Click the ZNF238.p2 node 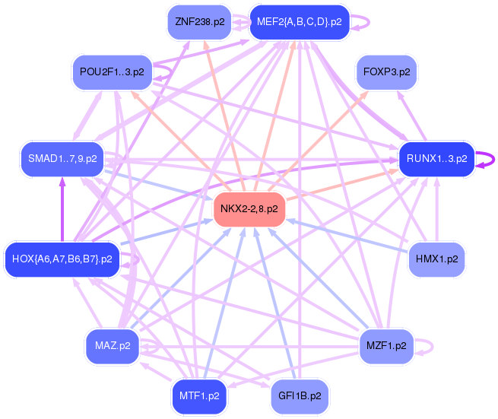click(199, 22)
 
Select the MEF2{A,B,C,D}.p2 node click(300, 22)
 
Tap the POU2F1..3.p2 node click(112, 72)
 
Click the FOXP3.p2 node click(386, 72)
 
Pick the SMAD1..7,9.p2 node click(62, 159)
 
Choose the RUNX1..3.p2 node click(436, 159)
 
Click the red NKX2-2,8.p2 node click(249, 209)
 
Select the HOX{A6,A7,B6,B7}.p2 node click(62, 259)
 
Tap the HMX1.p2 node click(436, 259)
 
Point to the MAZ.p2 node click(113, 346)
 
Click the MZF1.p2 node click(386, 346)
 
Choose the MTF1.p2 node click(199, 396)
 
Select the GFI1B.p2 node click(300, 396)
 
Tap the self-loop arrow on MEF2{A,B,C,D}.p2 click(369, 22)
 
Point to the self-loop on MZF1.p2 click(433, 346)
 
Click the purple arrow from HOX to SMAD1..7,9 click(62, 210)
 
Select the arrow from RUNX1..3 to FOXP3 click(411, 116)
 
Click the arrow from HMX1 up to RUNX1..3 click(437, 210)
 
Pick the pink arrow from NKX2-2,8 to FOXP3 click(319, 141)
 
